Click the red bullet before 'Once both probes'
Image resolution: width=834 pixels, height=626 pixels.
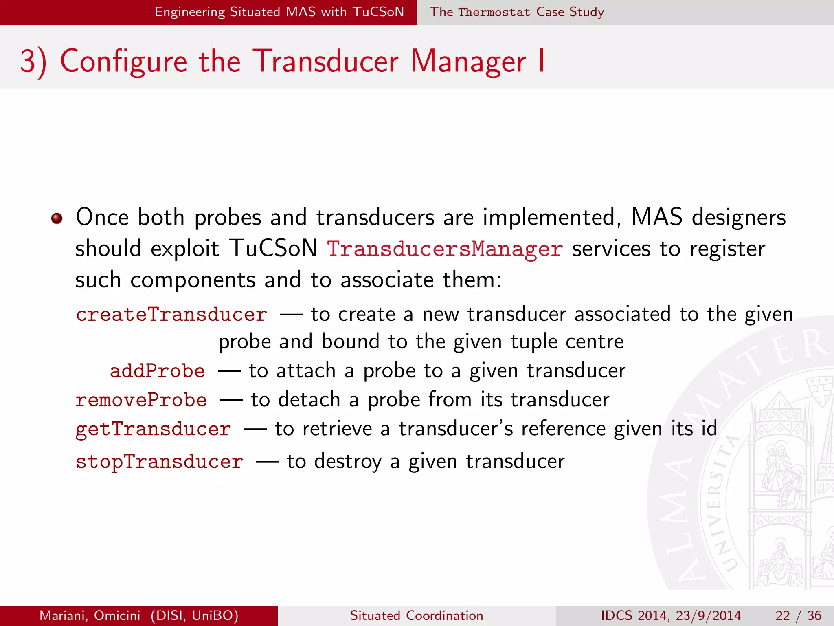(57, 218)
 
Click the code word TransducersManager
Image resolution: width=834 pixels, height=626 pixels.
(445, 249)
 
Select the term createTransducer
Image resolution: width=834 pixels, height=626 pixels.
(171, 315)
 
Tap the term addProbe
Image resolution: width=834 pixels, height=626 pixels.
(157, 371)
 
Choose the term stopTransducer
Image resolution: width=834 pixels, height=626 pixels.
(159, 462)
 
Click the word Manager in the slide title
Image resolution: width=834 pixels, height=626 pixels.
(468, 62)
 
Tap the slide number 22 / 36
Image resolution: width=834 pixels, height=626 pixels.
(798, 615)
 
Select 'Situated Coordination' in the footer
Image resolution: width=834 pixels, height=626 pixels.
(417, 615)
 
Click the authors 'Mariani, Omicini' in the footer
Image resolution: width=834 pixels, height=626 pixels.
(90, 615)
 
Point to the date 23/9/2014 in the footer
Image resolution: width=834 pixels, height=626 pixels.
(708, 615)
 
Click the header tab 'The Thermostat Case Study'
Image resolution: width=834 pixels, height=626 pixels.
(516, 12)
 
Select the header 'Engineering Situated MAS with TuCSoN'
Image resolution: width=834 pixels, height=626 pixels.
(279, 12)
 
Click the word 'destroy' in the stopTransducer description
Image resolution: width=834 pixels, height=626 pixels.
(348, 462)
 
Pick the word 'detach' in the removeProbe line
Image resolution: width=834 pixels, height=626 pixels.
(309, 400)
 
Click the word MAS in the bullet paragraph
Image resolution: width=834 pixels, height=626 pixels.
(656, 217)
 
